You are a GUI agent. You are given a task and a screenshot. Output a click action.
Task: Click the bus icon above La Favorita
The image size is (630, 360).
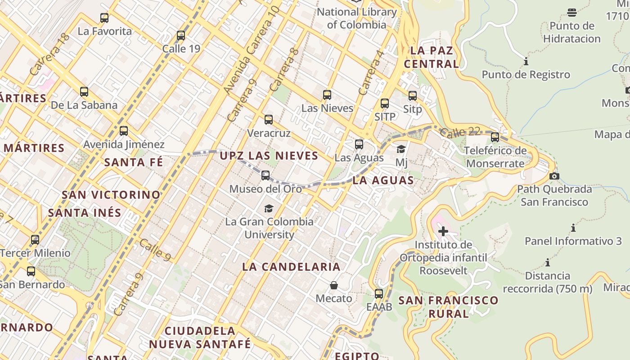(104, 18)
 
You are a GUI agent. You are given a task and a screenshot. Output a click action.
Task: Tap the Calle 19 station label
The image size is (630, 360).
(181, 49)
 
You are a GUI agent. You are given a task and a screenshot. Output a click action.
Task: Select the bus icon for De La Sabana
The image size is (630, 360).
(84, 92)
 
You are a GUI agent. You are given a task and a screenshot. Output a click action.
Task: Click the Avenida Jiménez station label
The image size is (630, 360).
(124, 144)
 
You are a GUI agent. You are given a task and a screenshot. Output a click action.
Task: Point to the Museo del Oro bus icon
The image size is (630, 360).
(265, 175)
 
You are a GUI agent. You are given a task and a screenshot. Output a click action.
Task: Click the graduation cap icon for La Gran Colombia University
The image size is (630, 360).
(269, 208)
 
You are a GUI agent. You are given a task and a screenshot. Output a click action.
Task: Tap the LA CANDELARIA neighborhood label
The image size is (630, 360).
(291, 266)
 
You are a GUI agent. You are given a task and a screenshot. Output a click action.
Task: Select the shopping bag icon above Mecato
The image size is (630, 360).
(334, 285)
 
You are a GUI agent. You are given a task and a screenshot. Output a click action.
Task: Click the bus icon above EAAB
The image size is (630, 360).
(379, 294)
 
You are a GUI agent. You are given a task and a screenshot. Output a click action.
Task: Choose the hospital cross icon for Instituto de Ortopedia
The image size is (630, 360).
(443, 231)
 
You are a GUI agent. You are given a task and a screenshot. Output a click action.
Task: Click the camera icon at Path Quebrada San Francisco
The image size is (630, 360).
(554, 176)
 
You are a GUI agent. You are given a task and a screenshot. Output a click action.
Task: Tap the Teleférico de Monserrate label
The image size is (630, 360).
(495, 157)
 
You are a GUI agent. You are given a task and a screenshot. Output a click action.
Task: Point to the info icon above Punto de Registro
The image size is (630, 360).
(526, 61)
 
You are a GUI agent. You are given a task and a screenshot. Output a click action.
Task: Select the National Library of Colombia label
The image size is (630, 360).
(356, 18)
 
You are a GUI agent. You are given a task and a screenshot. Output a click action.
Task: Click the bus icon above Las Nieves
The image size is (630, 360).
(327, 95)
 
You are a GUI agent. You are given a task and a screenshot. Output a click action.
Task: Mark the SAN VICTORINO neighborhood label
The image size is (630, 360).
(111, 195)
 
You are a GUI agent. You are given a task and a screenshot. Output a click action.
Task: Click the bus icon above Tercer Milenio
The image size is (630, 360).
(35, 240)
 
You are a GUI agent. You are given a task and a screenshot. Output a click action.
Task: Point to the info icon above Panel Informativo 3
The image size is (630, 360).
(573, 228)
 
